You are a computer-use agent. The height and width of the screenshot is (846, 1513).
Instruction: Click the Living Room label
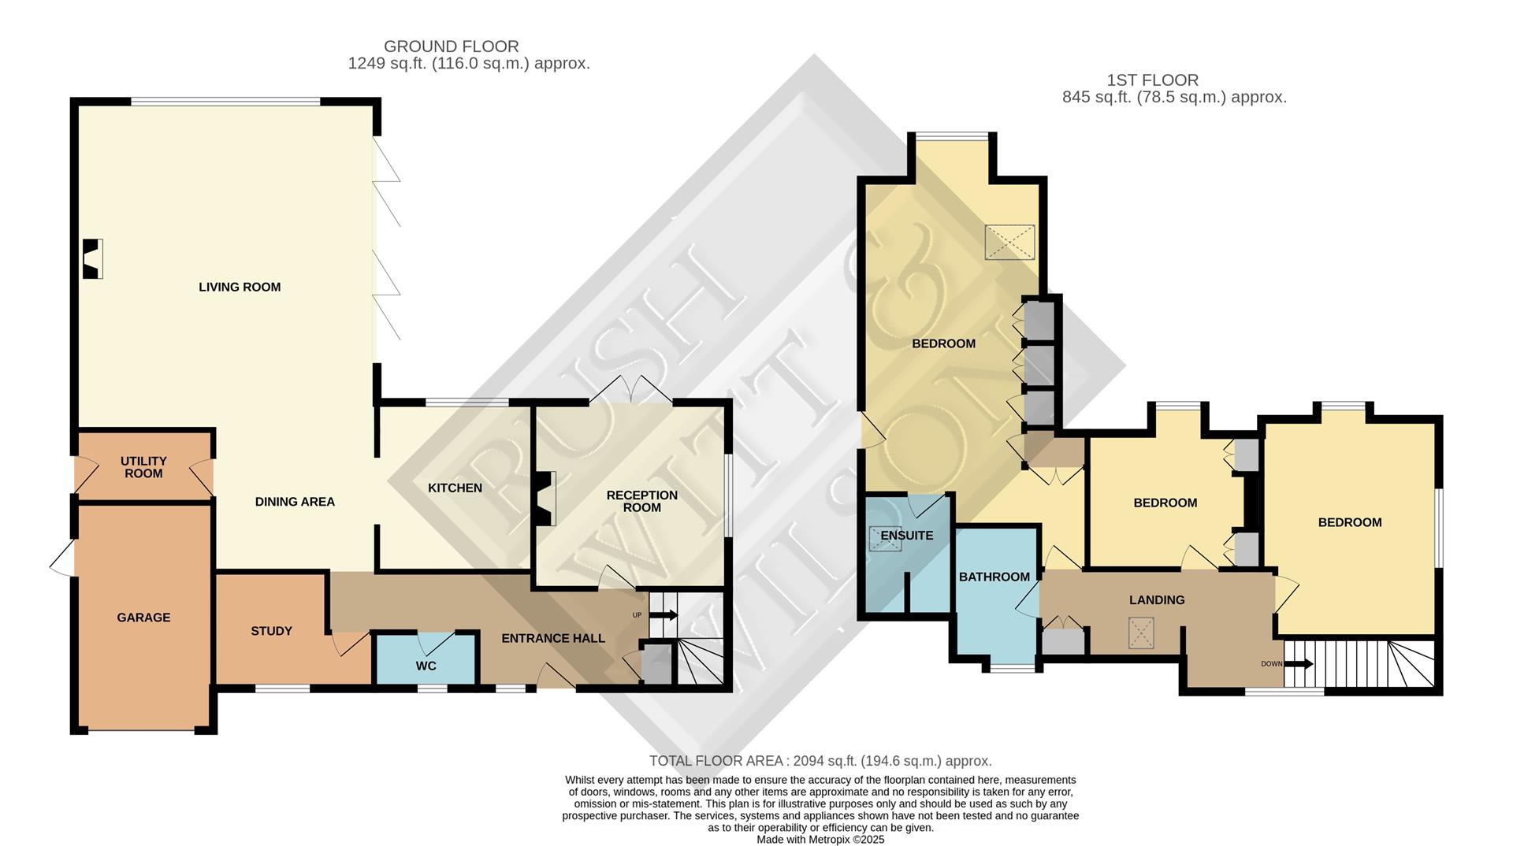click(240, 288)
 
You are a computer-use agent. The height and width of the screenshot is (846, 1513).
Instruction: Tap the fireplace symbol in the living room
click(93, 258)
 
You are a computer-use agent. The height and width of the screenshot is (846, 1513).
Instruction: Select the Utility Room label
click(143, 467)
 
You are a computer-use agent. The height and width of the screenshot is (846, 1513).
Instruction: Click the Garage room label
click(143, 618)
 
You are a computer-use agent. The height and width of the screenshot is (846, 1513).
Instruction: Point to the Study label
click(271, 631)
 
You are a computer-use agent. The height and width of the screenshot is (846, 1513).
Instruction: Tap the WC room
click(426, 659)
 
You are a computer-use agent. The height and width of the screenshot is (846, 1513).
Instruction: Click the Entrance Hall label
click(553, 638)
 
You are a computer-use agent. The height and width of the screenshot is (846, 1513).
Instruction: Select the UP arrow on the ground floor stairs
click(663, 615)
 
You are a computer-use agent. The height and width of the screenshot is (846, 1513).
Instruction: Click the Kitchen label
click(455, 488)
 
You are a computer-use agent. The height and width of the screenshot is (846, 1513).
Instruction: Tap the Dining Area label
click(295, 502)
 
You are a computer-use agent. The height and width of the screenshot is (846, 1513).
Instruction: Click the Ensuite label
click(907, 536)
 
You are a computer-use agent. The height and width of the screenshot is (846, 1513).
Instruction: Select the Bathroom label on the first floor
click(994, 577)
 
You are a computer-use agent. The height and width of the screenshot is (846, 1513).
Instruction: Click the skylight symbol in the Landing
click(1140, 633)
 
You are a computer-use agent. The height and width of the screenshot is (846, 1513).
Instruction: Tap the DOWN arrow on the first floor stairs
click(1299, 664)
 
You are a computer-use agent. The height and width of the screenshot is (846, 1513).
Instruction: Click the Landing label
click(1157, 600)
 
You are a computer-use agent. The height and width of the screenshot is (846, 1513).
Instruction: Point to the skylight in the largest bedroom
click(1009, 242)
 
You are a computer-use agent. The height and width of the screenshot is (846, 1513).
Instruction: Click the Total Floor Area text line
click(820, 761)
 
